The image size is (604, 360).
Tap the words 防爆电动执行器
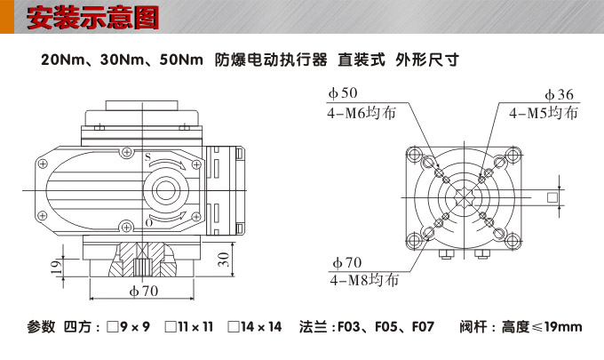(x=271, y=61)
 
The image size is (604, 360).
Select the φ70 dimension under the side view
(x=143, y=291)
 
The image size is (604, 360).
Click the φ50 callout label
(x=342, y=93)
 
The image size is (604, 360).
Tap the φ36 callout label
(x=559, y=94)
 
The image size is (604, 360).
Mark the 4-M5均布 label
(x=544, y=113)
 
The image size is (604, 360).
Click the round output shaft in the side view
(x=163, y=189)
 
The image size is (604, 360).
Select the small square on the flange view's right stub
(x=553, y=196)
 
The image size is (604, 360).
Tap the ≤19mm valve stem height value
(x=562, y=327)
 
